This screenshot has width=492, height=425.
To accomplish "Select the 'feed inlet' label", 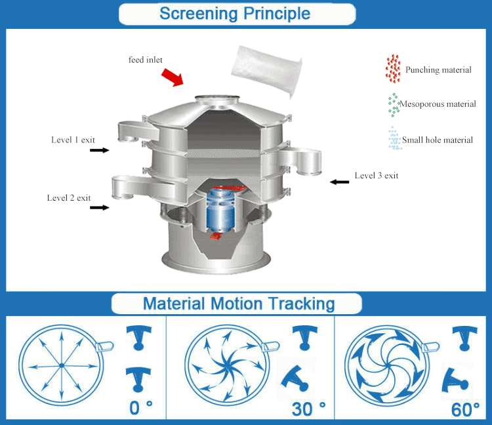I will point(146,60).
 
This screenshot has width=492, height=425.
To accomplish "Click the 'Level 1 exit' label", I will point(73,140).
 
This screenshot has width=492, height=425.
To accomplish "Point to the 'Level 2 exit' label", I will point(69,197).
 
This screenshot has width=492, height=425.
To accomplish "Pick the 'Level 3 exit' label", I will point(377,175).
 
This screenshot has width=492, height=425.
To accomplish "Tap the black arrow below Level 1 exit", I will point(99,150).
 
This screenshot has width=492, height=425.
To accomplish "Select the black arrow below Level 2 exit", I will point(99,207).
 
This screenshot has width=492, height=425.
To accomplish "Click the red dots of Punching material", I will point(393,69).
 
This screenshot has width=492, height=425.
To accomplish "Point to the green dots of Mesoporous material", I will point(394,104).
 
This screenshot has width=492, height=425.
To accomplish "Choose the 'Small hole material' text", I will point(438,140).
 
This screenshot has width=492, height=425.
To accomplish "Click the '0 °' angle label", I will point(140,408).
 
